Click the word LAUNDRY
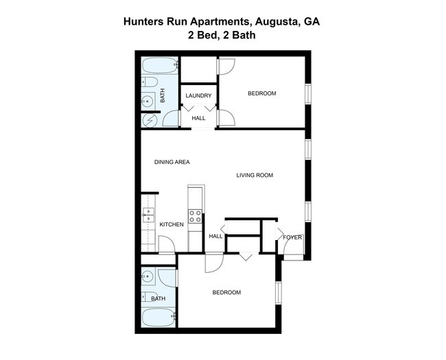[x=198, y=95]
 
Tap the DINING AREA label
[x=172, y=162]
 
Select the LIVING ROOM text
[x=255, y=176]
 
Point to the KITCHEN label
[x=171, y=225]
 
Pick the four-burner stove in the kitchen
[x=196, y=217]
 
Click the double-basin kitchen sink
[x=148, y=217]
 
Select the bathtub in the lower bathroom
[x=160, y=317]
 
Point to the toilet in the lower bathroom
[x=149, y=297]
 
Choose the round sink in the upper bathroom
[x=148, y=101]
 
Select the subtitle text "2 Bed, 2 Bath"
[x=222, y=34]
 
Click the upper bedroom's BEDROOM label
[x=261, y=93]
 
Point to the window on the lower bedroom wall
[x=278, y=291]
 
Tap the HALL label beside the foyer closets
[x=215, y=237]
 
